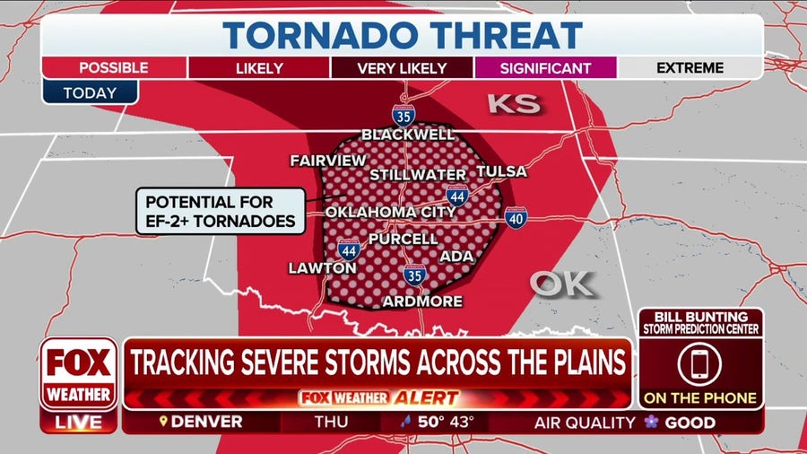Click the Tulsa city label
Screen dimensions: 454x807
pyautogui.click(x=501, y=171)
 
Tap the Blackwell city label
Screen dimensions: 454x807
pyautogui.click(x=408, y=135)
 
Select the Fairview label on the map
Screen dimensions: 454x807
pyautogui.click(x=328, y=161)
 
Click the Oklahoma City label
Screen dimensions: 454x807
pyautogui.click(x=383, y=212)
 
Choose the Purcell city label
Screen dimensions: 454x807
pyautogui.click(x=403, y=240)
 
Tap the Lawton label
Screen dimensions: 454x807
pyautogui.click(x=322, y=267)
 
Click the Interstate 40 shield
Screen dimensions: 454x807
pyautogui.click(x=515, y=216)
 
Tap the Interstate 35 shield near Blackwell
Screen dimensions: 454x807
pyautogui.click(x=403, y=114)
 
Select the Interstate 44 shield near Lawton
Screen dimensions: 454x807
pyautogui.click(x=349, y=249)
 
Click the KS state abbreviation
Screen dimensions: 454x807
pyautogui.click(x=514, y=104)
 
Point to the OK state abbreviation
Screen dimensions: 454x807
pyautogui.click(x=561, y=284)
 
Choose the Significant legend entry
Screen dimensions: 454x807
pyautogui.click(x=545, y=68)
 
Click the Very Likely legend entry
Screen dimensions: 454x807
pyautogui.click(x=402, y=68)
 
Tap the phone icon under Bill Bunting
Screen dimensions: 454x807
pyautogui.click(x=700, y=363)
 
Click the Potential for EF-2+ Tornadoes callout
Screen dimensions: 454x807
pyautogui.click(x=218, y=212)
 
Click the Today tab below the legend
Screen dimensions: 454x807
pyautogui.click(x=90, y=92)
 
